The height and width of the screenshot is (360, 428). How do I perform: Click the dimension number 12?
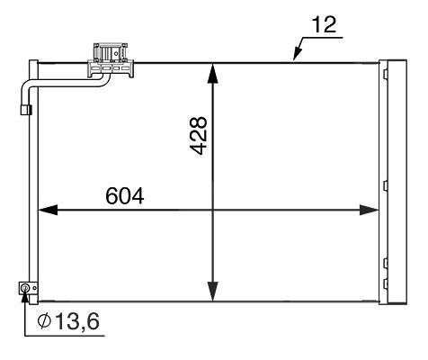pos(324,24)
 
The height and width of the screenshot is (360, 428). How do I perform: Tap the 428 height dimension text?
pos(198,136)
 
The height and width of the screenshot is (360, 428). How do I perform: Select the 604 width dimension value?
pos(125,196)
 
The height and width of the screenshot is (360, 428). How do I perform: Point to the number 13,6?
pos(77,321)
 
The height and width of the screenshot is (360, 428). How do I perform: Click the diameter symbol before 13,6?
pos(45,321)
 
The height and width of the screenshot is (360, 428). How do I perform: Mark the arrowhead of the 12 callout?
pos(297,54)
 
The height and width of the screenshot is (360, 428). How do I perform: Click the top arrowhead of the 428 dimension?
pos(212,73)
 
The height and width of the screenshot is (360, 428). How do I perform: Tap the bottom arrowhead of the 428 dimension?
pos(212,292)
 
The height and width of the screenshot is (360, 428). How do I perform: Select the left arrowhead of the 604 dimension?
pos(48,210)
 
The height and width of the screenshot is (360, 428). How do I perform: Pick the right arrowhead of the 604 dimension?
pos(369,210)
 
